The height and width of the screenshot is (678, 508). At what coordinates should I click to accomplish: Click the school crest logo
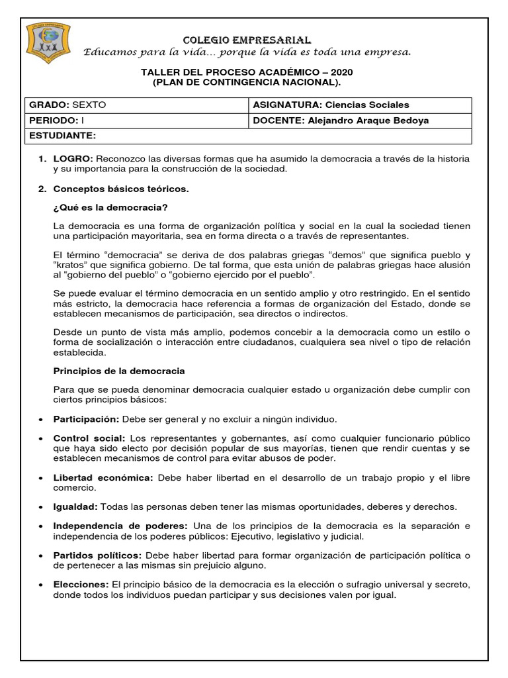48,44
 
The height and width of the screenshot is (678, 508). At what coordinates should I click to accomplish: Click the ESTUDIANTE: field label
61,136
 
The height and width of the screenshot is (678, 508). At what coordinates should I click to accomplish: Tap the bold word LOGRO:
74,159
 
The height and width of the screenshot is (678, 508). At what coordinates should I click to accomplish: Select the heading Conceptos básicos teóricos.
121,189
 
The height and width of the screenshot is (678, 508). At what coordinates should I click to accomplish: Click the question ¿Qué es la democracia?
110,208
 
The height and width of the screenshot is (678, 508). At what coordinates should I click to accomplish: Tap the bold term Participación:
86,419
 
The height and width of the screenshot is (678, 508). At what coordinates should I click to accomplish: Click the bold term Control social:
89,438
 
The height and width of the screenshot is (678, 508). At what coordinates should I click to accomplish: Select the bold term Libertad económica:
103,477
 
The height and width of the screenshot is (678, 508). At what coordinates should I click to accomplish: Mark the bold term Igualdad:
75,507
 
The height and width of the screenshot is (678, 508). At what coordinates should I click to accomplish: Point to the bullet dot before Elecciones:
42,585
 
